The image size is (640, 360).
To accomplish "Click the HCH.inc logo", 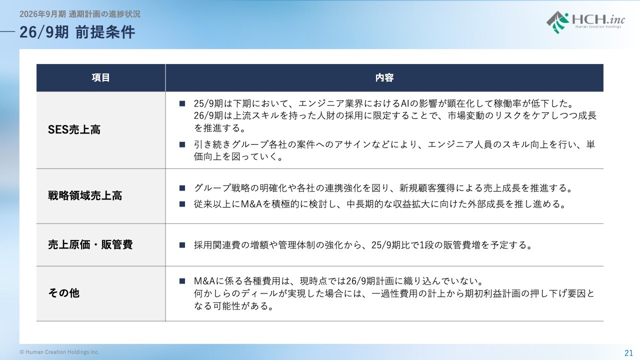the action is tap(585, 22).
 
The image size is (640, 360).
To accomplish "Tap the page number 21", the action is tap(628, 353).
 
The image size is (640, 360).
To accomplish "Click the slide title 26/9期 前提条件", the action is tap(77, 32).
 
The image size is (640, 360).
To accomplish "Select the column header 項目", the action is tap(101, 77).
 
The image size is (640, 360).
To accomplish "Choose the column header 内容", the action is tap(384, 77).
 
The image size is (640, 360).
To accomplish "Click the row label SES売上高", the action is tap(74, 129).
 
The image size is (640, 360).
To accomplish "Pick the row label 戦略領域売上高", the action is tap(85, 195).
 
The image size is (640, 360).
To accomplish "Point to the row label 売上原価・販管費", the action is tap(90, 244).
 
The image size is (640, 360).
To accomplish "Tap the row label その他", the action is tap(63, 293).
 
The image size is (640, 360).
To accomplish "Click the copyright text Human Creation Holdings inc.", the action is tap(59, 352).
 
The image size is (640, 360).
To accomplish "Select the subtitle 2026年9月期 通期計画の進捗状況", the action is tap(79, 14).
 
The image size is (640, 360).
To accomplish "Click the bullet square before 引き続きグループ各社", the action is tap(182, 144).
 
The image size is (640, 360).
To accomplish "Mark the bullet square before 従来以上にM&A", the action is tap(182, 204).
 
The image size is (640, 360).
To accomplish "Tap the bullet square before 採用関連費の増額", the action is tap(182, 245).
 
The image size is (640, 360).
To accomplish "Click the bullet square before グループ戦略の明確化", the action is tap(182, 188).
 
